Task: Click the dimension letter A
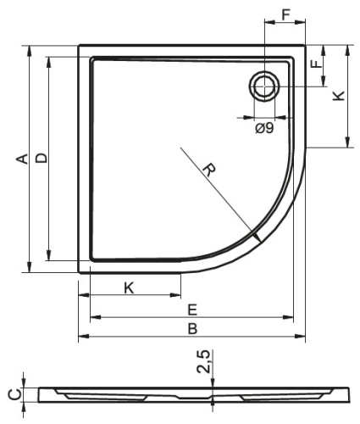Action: point(23,159)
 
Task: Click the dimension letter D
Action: point(42,158)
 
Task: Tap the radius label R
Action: point(209,170)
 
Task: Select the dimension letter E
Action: point(192,310)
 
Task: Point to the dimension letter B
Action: point(192,329)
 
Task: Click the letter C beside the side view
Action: point(14,394)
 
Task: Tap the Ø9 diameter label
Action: point(264,129)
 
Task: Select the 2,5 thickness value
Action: point(203,362)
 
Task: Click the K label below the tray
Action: point(129,288)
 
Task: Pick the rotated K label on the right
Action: point(339,96)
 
